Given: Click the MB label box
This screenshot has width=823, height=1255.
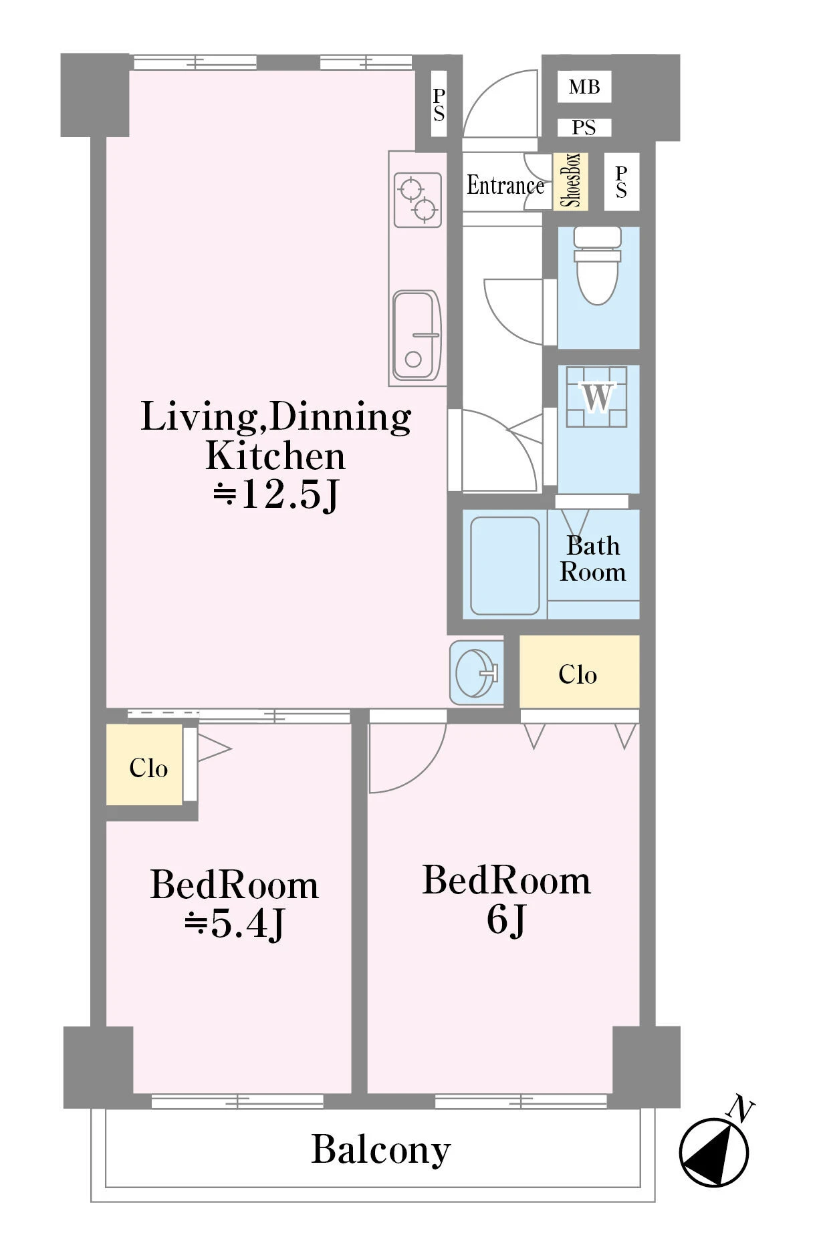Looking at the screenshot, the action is pyautogui.click(x=584, y=87).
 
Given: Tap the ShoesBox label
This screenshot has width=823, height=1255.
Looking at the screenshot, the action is pyautogui.click(x=570, y=181).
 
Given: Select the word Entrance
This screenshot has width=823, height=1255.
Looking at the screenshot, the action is pyautogui.click(x=505, y=185).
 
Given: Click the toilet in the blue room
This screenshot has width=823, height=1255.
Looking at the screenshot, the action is pyautogui.click(x=597, y=265).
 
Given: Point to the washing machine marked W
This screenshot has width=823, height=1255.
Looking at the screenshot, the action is pyautogui.click(x=596, y=397).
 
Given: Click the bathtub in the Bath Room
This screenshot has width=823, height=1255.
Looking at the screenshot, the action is pyautogui.click(x=505, y=566).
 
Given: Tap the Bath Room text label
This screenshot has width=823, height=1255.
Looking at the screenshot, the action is pyautogui.click(x=593, y=559).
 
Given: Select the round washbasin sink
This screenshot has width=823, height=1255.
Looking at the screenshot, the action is pyautogui.click(x=477, y=672).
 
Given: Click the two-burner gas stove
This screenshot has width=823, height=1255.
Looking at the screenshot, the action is pyautogui.click(x=418, y=200).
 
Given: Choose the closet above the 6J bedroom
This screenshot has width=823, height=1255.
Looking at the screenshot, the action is pyautogui.click(x=579, y=672).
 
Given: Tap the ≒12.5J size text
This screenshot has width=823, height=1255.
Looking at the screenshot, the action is pyautogui.click(x=276, y=495).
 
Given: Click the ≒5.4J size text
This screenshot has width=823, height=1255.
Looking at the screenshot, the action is pyautogui.click(x=235, y=924).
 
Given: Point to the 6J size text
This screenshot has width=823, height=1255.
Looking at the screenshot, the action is pyautogui.click(x=507, y=920).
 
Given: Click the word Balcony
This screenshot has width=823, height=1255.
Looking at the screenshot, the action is pyautogui.click(x=381, y=1149).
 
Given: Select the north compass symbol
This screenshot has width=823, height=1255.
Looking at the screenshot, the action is pyautogui.click(x=713, y=1152).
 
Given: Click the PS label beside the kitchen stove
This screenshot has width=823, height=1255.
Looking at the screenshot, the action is pyautogui.click(x=439, y=105).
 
